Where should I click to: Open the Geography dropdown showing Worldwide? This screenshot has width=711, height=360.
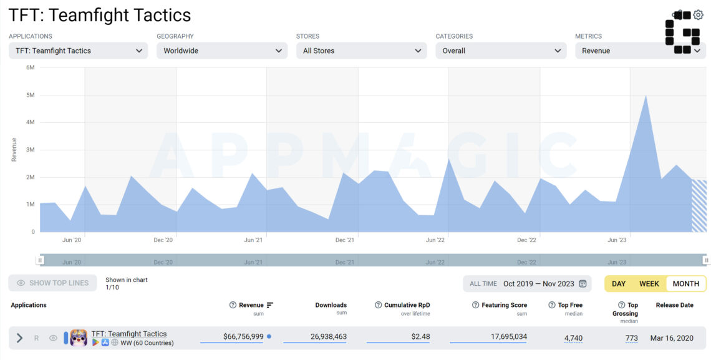[x=222, y=51]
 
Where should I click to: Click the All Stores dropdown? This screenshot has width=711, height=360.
[x=361, y=51]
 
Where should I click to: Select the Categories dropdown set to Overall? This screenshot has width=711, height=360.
[x=501, y=51]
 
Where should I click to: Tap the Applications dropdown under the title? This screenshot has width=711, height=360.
[x=79, y=51]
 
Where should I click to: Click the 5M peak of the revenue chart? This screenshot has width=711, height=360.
[x=646, y=95]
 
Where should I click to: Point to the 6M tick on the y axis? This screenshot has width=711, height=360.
[x=31, y=67]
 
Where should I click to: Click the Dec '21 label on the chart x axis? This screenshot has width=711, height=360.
[x=345, y=240]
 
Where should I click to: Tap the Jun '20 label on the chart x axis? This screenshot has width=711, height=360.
[x=72, y=240]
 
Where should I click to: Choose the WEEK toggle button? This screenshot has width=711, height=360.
[x=649, y=284]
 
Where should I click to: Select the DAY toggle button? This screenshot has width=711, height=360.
[x=619, y=284]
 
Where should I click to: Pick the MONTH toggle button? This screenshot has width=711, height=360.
[x=685, y=284]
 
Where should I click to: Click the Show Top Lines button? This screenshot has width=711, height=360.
[x=52, y=283]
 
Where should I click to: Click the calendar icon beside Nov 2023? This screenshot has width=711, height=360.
[x=583, y=284]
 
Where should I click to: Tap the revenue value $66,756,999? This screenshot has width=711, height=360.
[x=243, y=337]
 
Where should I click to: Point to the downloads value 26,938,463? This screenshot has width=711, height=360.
[x=329, y=337]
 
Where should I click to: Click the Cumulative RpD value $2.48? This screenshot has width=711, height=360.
[x=420, y=337]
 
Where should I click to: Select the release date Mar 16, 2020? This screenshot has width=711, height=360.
[x=672, y=338]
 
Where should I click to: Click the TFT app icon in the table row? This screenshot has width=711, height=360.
[x=79, y=338]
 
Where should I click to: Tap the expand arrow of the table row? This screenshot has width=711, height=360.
[x=19, y=338]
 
